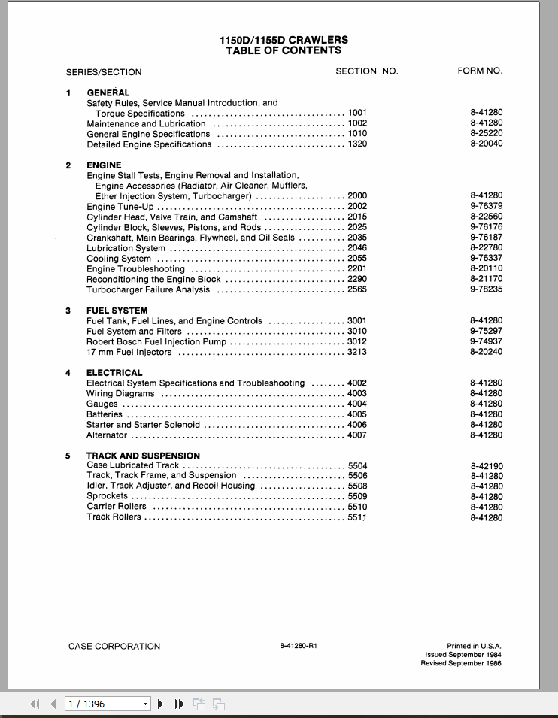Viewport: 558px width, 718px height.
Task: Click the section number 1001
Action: point(357,113)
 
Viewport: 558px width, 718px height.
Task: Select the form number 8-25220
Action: point(486,134)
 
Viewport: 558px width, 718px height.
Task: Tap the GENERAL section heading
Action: point(108,92)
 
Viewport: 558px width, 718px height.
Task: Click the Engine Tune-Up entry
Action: point(120,206)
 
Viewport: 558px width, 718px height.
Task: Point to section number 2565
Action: point(357,289)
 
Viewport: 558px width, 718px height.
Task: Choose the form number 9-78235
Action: point(486,289)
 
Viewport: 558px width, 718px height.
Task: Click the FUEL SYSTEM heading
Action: point(117,311)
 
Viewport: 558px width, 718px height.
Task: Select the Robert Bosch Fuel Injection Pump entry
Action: point(156,341)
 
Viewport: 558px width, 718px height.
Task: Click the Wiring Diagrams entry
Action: point(120,393)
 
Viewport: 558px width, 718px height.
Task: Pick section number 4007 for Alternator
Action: point(357,435)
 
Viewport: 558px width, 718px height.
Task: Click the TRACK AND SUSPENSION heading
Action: point(143,456)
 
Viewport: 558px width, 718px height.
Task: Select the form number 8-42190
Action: point(486,466)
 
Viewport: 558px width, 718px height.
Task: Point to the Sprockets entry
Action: point(107,496)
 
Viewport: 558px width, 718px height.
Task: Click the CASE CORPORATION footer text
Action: point(114,646)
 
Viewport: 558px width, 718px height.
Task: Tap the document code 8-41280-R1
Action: point(299,646)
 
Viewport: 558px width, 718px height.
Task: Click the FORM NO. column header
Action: point(480,71)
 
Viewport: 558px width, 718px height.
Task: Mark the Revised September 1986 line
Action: point(460,663)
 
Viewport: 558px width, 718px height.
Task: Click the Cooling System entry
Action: point(119,259)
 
